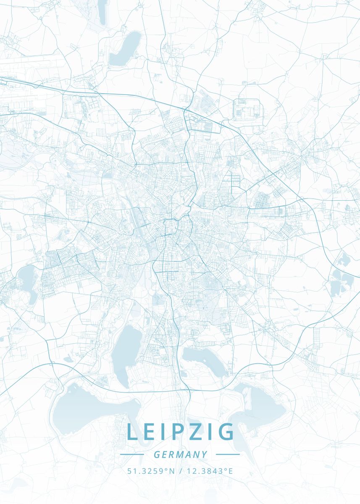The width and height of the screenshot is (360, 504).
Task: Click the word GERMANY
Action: point(181,454)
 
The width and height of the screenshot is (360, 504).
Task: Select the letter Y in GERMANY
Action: point(205,454)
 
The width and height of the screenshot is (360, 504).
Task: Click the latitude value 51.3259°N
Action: point(151,471)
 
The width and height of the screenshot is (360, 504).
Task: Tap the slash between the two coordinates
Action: point(180,471)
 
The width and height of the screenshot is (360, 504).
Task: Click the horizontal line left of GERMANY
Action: point(132,454)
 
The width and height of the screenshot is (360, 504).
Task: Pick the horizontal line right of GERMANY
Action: point(228,454)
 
